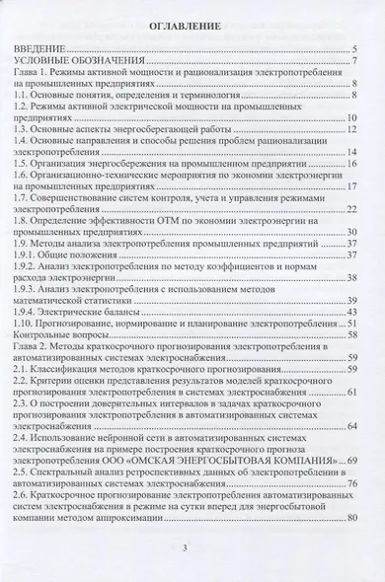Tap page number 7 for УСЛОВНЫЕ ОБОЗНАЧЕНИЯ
pos(353,61)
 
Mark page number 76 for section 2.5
pos(350,484)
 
